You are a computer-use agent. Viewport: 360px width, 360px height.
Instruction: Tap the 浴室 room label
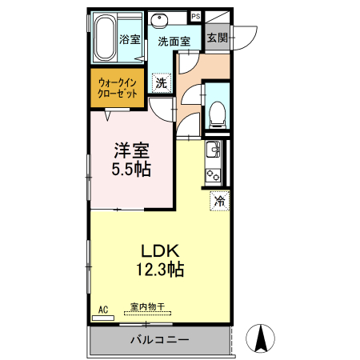click(130, 39)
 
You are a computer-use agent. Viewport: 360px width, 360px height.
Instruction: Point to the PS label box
click(195, 15)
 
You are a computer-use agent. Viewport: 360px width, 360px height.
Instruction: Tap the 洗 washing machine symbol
click(161, 82)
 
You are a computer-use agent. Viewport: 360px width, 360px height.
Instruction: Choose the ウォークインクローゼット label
click(117, 87)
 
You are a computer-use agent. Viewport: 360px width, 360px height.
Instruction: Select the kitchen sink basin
click(214, 150)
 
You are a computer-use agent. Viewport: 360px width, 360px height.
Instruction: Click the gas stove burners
click(214, 174)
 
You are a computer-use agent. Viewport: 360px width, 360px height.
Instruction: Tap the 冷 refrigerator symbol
click(219, 202)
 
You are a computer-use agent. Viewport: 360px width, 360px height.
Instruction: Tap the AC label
click(102, 308)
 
